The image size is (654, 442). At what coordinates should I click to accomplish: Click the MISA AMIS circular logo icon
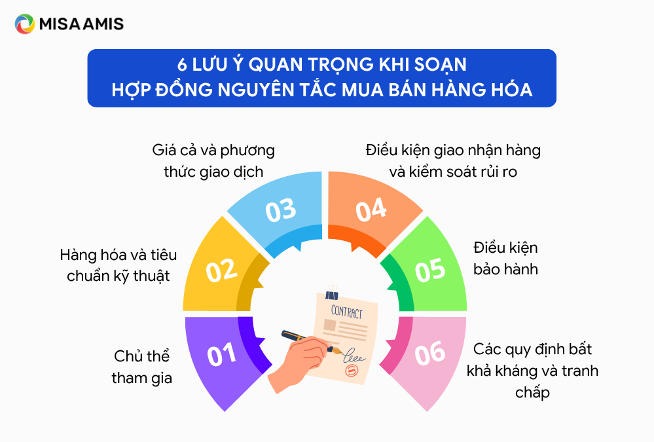pos(25,24)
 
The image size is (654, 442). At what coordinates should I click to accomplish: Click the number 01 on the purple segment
pos(221,355)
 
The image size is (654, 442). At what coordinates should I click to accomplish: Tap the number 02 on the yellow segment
pos(221,270)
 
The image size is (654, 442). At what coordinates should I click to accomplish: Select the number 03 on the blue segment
pos(281,210)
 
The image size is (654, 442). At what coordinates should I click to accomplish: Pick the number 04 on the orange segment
pos(371,210)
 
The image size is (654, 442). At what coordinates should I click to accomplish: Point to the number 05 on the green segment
pos(430,270)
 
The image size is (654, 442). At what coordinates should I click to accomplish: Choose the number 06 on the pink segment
pos(430,353)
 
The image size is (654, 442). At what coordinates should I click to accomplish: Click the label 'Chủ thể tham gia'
pos(142,367)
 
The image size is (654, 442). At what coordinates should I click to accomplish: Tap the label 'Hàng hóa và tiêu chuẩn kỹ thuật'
pos(118,265)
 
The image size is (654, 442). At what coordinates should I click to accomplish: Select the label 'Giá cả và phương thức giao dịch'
pos(213,161)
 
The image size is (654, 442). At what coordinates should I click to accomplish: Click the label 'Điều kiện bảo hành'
pos(505,259)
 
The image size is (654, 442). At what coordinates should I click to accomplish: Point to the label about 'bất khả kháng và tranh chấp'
pos(532,371)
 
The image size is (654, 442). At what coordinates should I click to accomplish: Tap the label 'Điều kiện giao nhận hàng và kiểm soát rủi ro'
pos(453,161)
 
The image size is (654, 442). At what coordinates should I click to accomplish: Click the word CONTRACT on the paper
pos(346,312)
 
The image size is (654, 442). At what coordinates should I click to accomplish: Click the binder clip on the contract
pos(332,293)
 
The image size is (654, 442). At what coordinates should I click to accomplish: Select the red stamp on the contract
pos(352,370)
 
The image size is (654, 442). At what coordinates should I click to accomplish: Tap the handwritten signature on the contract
pos(354,356)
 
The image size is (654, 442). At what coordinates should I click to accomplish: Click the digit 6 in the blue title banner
pos(182,65)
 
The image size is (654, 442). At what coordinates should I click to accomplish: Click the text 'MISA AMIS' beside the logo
pos(81,24)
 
